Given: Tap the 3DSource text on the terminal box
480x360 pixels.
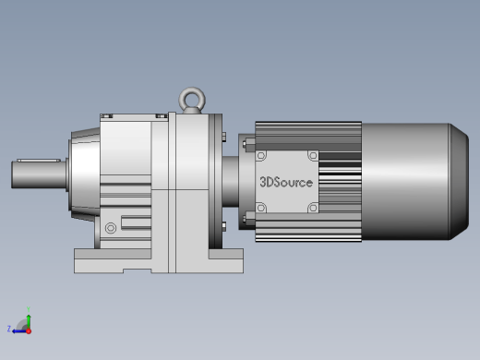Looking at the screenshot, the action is point(286,182).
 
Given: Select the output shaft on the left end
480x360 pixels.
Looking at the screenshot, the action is point(39,174).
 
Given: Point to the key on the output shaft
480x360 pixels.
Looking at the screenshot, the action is point(39,161).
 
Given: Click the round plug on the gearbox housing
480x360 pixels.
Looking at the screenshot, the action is point(111,228).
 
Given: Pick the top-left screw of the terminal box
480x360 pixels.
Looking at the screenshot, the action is point(261,156).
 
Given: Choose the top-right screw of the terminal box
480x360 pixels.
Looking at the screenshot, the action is point(313,156).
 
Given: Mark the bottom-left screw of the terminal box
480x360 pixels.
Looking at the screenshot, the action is point(261,208).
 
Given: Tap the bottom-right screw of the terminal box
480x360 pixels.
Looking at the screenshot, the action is point(313,208).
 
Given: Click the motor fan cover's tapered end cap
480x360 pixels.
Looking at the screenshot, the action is point(459,182).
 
